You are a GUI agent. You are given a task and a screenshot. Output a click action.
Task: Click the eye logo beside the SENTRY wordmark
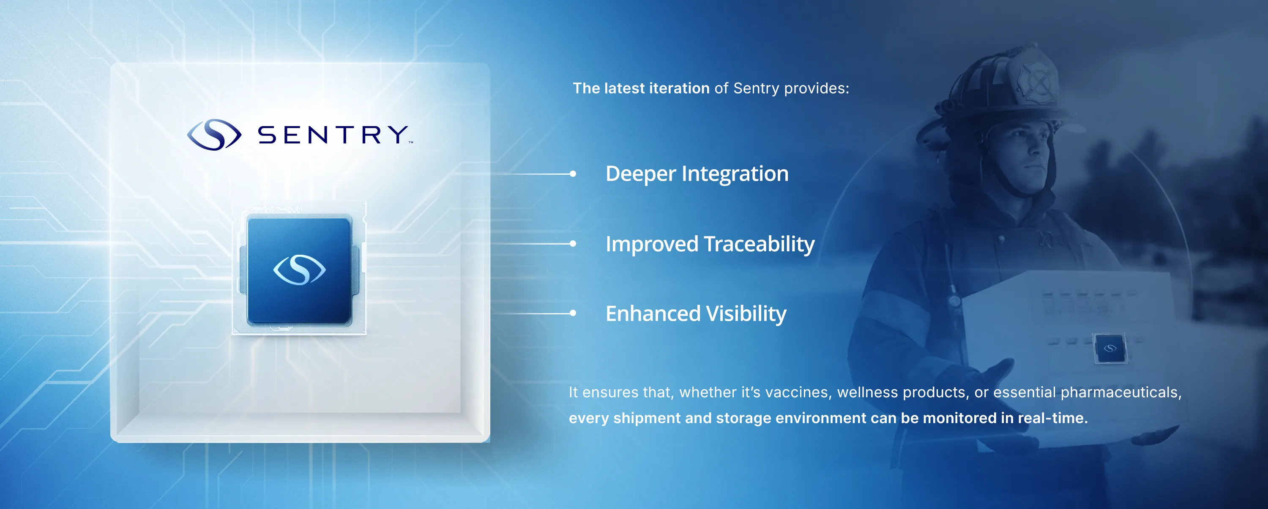click(214, 135)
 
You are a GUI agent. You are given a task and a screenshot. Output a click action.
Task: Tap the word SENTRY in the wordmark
click(333, 135)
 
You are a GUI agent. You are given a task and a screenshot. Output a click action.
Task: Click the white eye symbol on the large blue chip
click(299, 270)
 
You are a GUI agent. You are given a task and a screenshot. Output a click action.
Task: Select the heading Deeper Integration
click(697, 174)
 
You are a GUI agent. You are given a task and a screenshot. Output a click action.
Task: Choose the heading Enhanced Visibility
click(696, 314)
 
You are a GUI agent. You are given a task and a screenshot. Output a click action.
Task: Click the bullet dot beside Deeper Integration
click(573, 173)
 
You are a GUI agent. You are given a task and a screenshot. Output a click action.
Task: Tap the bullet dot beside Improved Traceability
click(573, 243)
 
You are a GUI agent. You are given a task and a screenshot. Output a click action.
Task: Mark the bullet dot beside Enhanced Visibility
click(573, 313)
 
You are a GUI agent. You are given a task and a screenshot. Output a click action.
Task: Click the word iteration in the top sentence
click(679, 88)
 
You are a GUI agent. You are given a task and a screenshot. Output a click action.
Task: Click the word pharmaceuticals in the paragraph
click(1121, 392)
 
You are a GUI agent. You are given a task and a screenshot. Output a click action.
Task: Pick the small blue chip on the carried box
click(1110, 348)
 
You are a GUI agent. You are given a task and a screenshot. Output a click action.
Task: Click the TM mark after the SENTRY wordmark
click(410, 143)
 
